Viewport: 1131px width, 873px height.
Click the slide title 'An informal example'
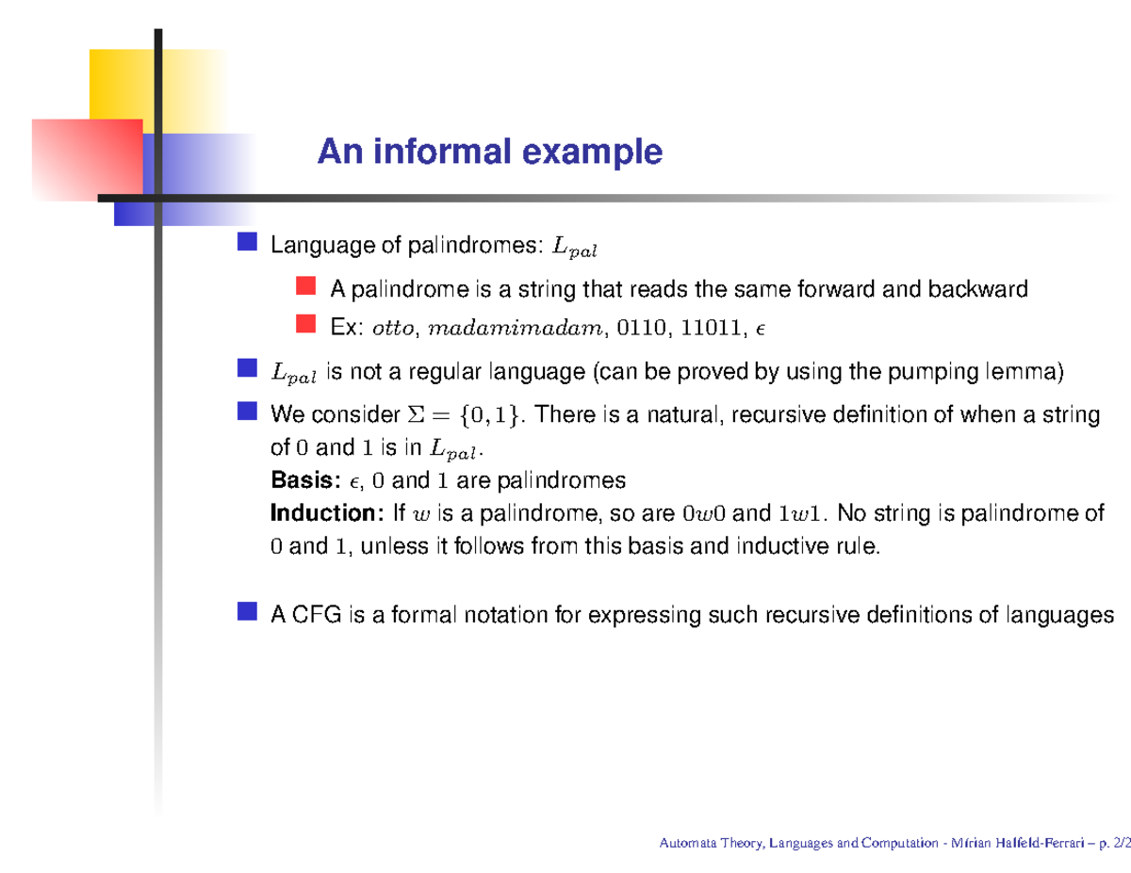(x=489, y=151)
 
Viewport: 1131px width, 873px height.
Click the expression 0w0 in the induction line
(x=703, y=514)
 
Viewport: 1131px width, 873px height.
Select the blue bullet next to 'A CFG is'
(x=248, y=612)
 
